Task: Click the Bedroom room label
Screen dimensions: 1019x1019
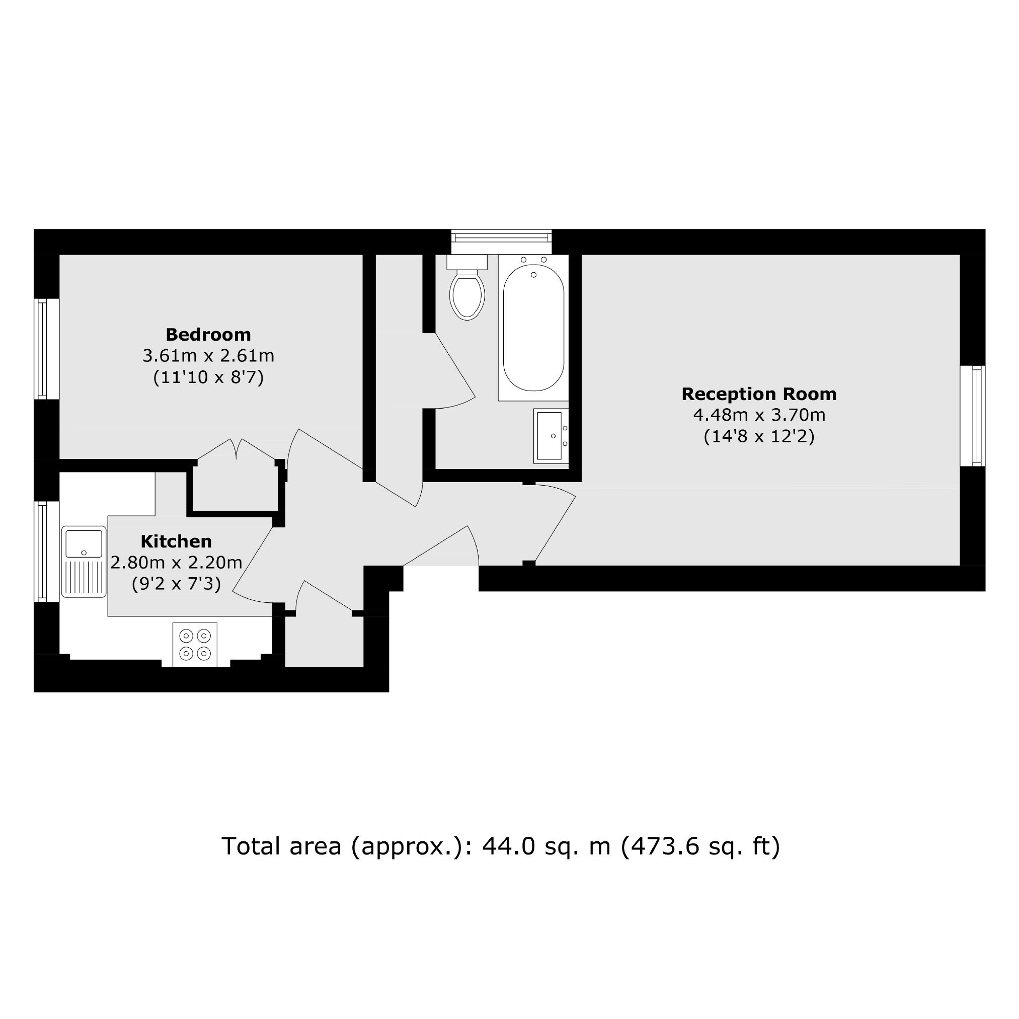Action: [x=208, y=335]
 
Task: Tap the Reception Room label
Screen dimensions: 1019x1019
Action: [x=759, y=394]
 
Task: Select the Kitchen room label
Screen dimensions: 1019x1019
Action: [x=176, y=541]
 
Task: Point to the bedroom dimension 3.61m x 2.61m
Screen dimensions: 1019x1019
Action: [x=208, y=356]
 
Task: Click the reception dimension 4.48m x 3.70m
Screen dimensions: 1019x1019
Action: [x=759, y=415]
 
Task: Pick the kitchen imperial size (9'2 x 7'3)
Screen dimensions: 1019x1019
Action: [x=176, y=584]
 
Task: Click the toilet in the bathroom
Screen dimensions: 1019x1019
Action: [x=467, y=287]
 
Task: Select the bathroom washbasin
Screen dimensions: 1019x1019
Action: [x=551, y=436]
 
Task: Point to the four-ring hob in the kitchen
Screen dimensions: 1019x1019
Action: [x=195, y=645]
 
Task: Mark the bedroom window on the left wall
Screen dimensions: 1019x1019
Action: [x=46, y=349]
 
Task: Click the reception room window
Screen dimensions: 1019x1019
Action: [x=973, y=416]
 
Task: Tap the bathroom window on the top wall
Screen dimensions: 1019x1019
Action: [x=502, y=242]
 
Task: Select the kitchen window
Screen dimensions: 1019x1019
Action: [x=46, y=551]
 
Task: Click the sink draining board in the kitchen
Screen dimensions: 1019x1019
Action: [x=84, y=578]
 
